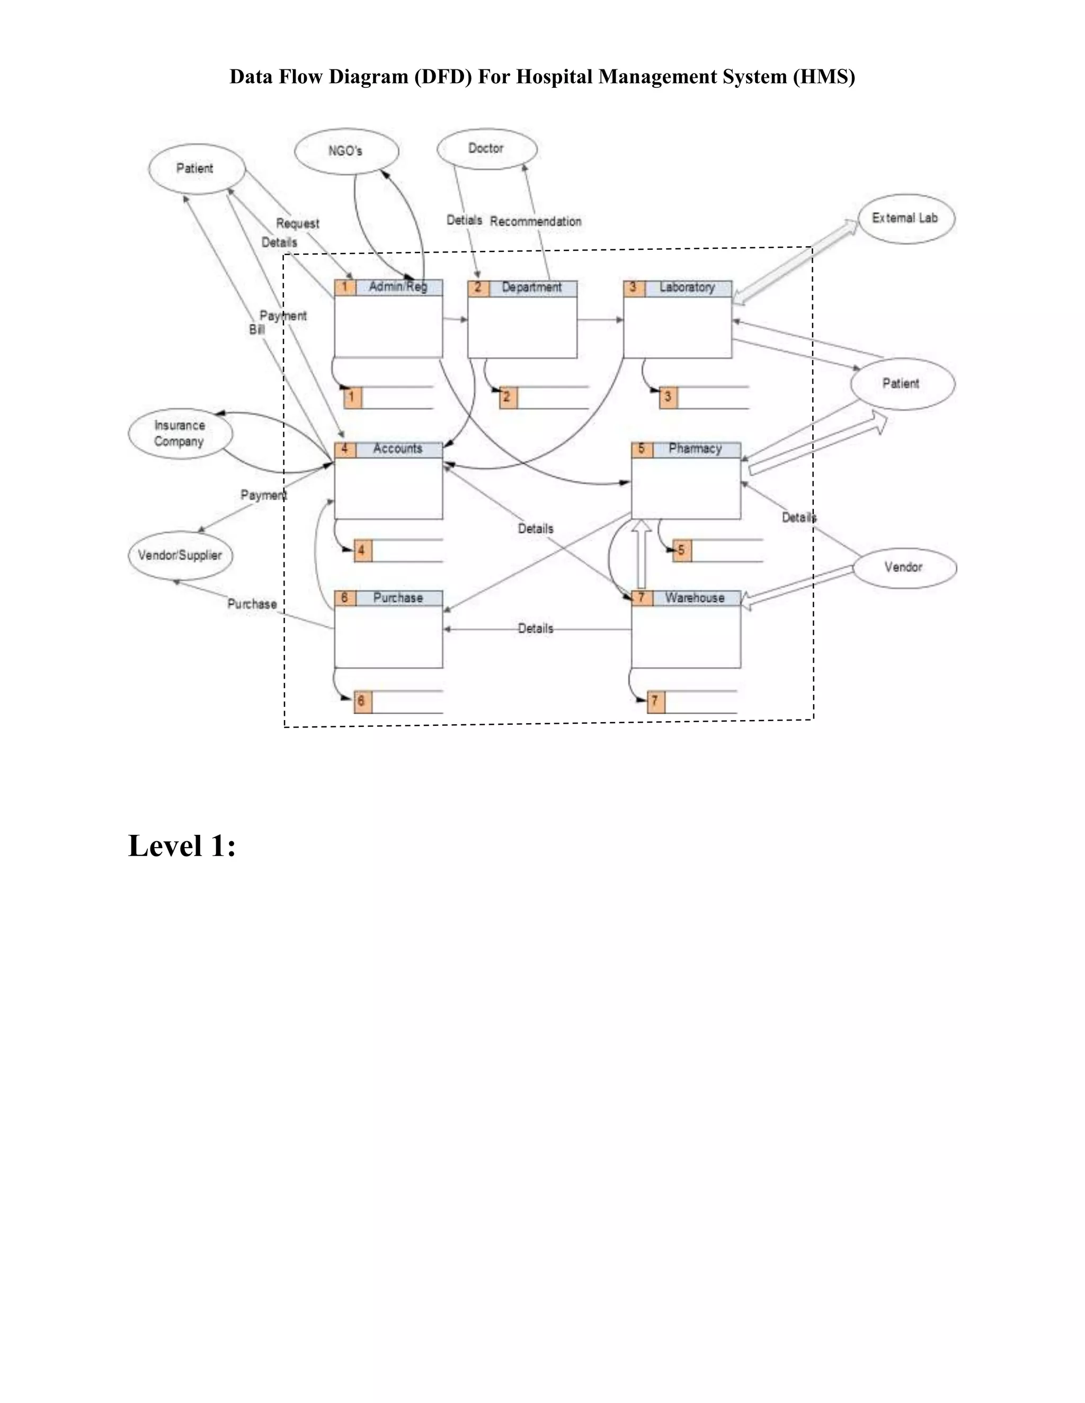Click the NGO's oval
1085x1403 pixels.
pos(346,151)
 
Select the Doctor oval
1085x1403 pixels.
pos(486,148)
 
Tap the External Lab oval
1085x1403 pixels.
pos(905,219)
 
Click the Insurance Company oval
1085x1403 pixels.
pos(180,434)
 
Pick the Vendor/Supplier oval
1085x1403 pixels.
pos(180,555)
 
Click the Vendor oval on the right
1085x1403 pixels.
pos(904,567)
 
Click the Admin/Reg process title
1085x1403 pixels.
pos(398,287)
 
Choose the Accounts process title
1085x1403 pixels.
pos(398,449)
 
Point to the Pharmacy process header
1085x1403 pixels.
pos(695,449)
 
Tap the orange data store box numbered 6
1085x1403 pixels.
pos(362,701)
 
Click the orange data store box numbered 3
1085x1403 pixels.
pos(668,398)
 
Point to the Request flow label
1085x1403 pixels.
pos(298,223)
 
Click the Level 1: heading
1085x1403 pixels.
pos(182,846)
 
